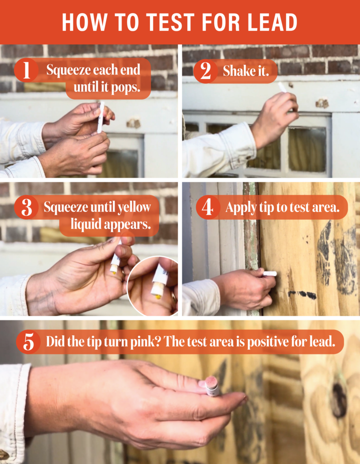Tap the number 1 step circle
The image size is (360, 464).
pyautogui.click(x=26, y=71)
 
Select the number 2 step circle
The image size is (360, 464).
pyautogui.click(x=206, y=72)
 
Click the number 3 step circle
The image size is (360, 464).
pyautogui.click(x=27, y=208)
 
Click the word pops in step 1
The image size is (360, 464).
pyautogui.click(x=127, y=87)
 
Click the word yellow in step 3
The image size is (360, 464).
pyautogui.click(x=135, y=208)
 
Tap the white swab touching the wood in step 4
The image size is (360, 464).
pyautogui.click(x=270, y=273)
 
